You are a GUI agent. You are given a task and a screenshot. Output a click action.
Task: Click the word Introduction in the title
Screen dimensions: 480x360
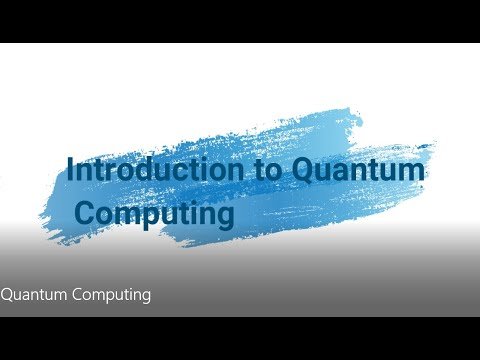point(155,169)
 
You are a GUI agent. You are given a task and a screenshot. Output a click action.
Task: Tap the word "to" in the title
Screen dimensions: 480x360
point(267,170)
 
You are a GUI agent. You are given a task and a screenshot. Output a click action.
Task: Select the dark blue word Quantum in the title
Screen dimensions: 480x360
point(358,170)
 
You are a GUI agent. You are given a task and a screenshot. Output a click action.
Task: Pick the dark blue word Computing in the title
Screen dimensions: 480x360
point(155,213)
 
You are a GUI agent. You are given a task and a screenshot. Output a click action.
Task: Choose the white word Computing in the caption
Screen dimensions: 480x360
point(112,295)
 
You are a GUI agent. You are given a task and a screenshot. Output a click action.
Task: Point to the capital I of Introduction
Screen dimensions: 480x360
point(70,169)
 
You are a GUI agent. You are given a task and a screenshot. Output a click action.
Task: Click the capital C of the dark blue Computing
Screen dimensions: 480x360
point(86,213)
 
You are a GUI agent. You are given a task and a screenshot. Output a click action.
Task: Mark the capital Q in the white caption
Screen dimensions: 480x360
point(7,295)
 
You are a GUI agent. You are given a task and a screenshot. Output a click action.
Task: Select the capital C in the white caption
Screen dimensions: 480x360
point(78,295)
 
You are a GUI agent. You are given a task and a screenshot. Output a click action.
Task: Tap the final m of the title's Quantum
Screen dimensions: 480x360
point(412,172)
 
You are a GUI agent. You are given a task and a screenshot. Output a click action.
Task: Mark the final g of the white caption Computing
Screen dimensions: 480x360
point(145,297)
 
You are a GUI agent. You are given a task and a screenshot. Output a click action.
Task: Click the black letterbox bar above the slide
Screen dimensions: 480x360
point(240,21)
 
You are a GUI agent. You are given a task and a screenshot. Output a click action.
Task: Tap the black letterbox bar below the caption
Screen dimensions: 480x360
point(240,338)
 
